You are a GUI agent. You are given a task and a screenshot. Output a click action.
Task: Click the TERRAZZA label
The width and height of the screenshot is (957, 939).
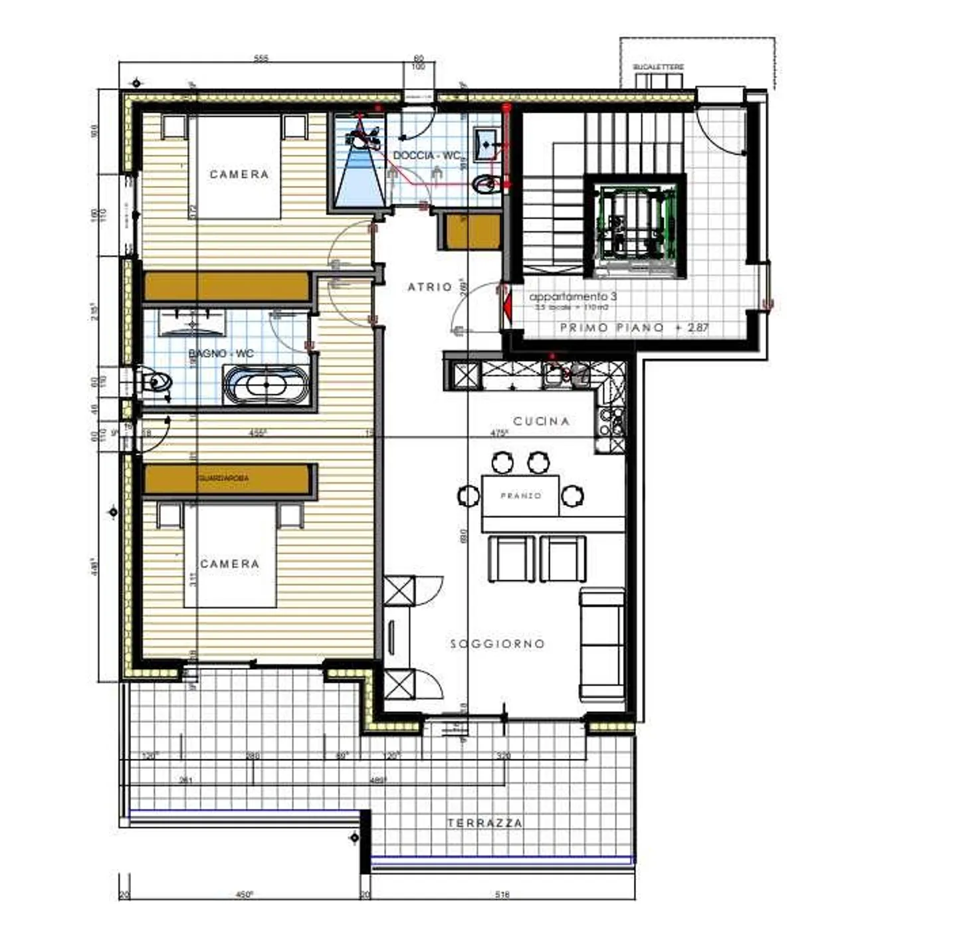[x=484, y=823]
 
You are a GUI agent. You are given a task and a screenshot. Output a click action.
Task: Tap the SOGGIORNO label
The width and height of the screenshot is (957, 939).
[x=497, y=644]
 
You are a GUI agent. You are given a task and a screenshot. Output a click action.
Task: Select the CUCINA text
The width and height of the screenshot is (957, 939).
[x=541, y=421]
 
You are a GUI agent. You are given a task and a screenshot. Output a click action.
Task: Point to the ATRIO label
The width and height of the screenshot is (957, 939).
[x=429, y=287]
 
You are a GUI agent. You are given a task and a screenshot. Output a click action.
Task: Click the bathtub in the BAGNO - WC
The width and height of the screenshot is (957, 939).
[x=266, y=385]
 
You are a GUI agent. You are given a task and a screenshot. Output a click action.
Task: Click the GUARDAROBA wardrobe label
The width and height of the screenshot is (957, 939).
[x=223, y=478]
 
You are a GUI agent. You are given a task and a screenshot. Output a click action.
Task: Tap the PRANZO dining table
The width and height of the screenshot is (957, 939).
[x=520, y=496]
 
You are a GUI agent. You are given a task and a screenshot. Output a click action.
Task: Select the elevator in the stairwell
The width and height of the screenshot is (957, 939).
[x=635, y=226]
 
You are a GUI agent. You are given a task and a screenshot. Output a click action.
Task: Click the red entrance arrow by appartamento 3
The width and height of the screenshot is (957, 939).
[x=506, y=308]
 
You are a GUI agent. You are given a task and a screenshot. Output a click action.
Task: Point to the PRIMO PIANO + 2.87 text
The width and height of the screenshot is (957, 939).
[x=634, y=328]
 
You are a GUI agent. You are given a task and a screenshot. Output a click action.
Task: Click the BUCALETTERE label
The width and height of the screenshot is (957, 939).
[x=658, y=68]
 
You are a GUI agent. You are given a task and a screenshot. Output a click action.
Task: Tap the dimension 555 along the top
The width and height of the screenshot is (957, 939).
[x=261, y=59]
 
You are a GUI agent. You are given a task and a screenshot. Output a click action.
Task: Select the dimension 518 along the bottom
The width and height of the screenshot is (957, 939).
[x=502, y=894]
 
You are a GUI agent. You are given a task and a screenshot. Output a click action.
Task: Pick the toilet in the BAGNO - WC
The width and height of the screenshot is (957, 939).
[x=156, y=382]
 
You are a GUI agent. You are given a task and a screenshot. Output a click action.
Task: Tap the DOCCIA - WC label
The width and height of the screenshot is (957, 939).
[x=427, y=156]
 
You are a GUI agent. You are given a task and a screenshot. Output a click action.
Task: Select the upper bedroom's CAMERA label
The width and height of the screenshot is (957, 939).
[x=239, y=174]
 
